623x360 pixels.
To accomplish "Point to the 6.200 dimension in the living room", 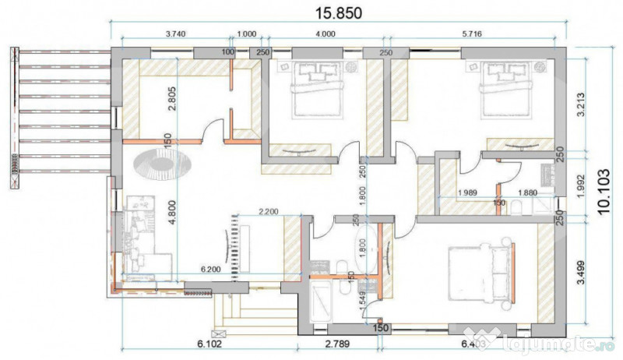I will point(213,269).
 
